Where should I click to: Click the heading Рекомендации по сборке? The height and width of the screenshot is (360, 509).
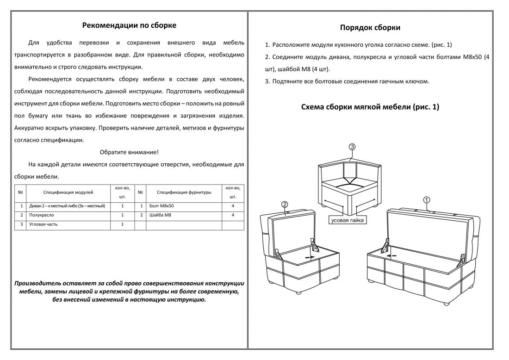[129, 25]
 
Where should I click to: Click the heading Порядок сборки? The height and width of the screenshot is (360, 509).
[370, 28]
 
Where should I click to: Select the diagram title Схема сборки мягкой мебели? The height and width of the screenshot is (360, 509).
[370, 107]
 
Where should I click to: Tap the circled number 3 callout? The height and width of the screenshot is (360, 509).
[352, 147]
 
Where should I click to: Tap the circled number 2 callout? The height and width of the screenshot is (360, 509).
[285, 204]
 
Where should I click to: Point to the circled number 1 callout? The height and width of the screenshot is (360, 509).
[427, 199]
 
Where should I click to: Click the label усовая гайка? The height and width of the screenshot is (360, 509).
[348, 220]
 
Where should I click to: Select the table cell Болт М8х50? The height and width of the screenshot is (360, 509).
[162, 205]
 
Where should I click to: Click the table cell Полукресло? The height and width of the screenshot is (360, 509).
[42, 215]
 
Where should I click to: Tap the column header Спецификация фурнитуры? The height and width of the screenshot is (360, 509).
[184, 192]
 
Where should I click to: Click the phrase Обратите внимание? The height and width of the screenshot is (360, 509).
[129, 152]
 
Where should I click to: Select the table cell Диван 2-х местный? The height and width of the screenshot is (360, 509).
[67, 205]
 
